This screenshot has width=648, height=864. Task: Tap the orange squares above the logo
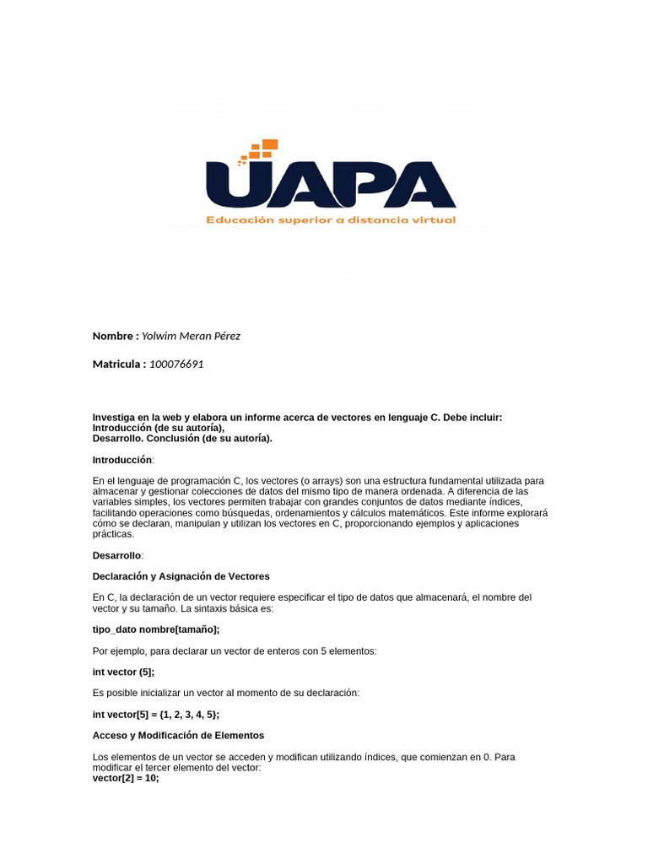(259, 150)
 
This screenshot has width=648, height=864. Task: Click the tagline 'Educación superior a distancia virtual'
(331, 220)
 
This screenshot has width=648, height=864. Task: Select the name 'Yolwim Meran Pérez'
(191, 336)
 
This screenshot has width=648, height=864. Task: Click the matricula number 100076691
(176, 364)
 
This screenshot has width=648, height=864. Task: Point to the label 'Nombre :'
(116, 336)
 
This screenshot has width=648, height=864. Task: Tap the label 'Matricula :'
(119, 364)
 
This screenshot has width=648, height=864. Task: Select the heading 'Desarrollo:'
(118, 555)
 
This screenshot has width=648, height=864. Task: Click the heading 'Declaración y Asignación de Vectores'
(181, 576)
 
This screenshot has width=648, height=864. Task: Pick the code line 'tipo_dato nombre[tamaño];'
(156, 629)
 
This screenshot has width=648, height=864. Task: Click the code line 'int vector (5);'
(123, 672)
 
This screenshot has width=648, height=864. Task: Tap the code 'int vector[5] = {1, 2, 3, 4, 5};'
(156, 714)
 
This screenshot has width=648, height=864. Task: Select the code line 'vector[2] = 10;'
(125, 778)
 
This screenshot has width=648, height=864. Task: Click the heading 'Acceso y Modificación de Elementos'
(178, 735)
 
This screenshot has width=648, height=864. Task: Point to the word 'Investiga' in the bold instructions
(113, 418)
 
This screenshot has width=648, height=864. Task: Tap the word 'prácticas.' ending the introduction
(113, 534)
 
